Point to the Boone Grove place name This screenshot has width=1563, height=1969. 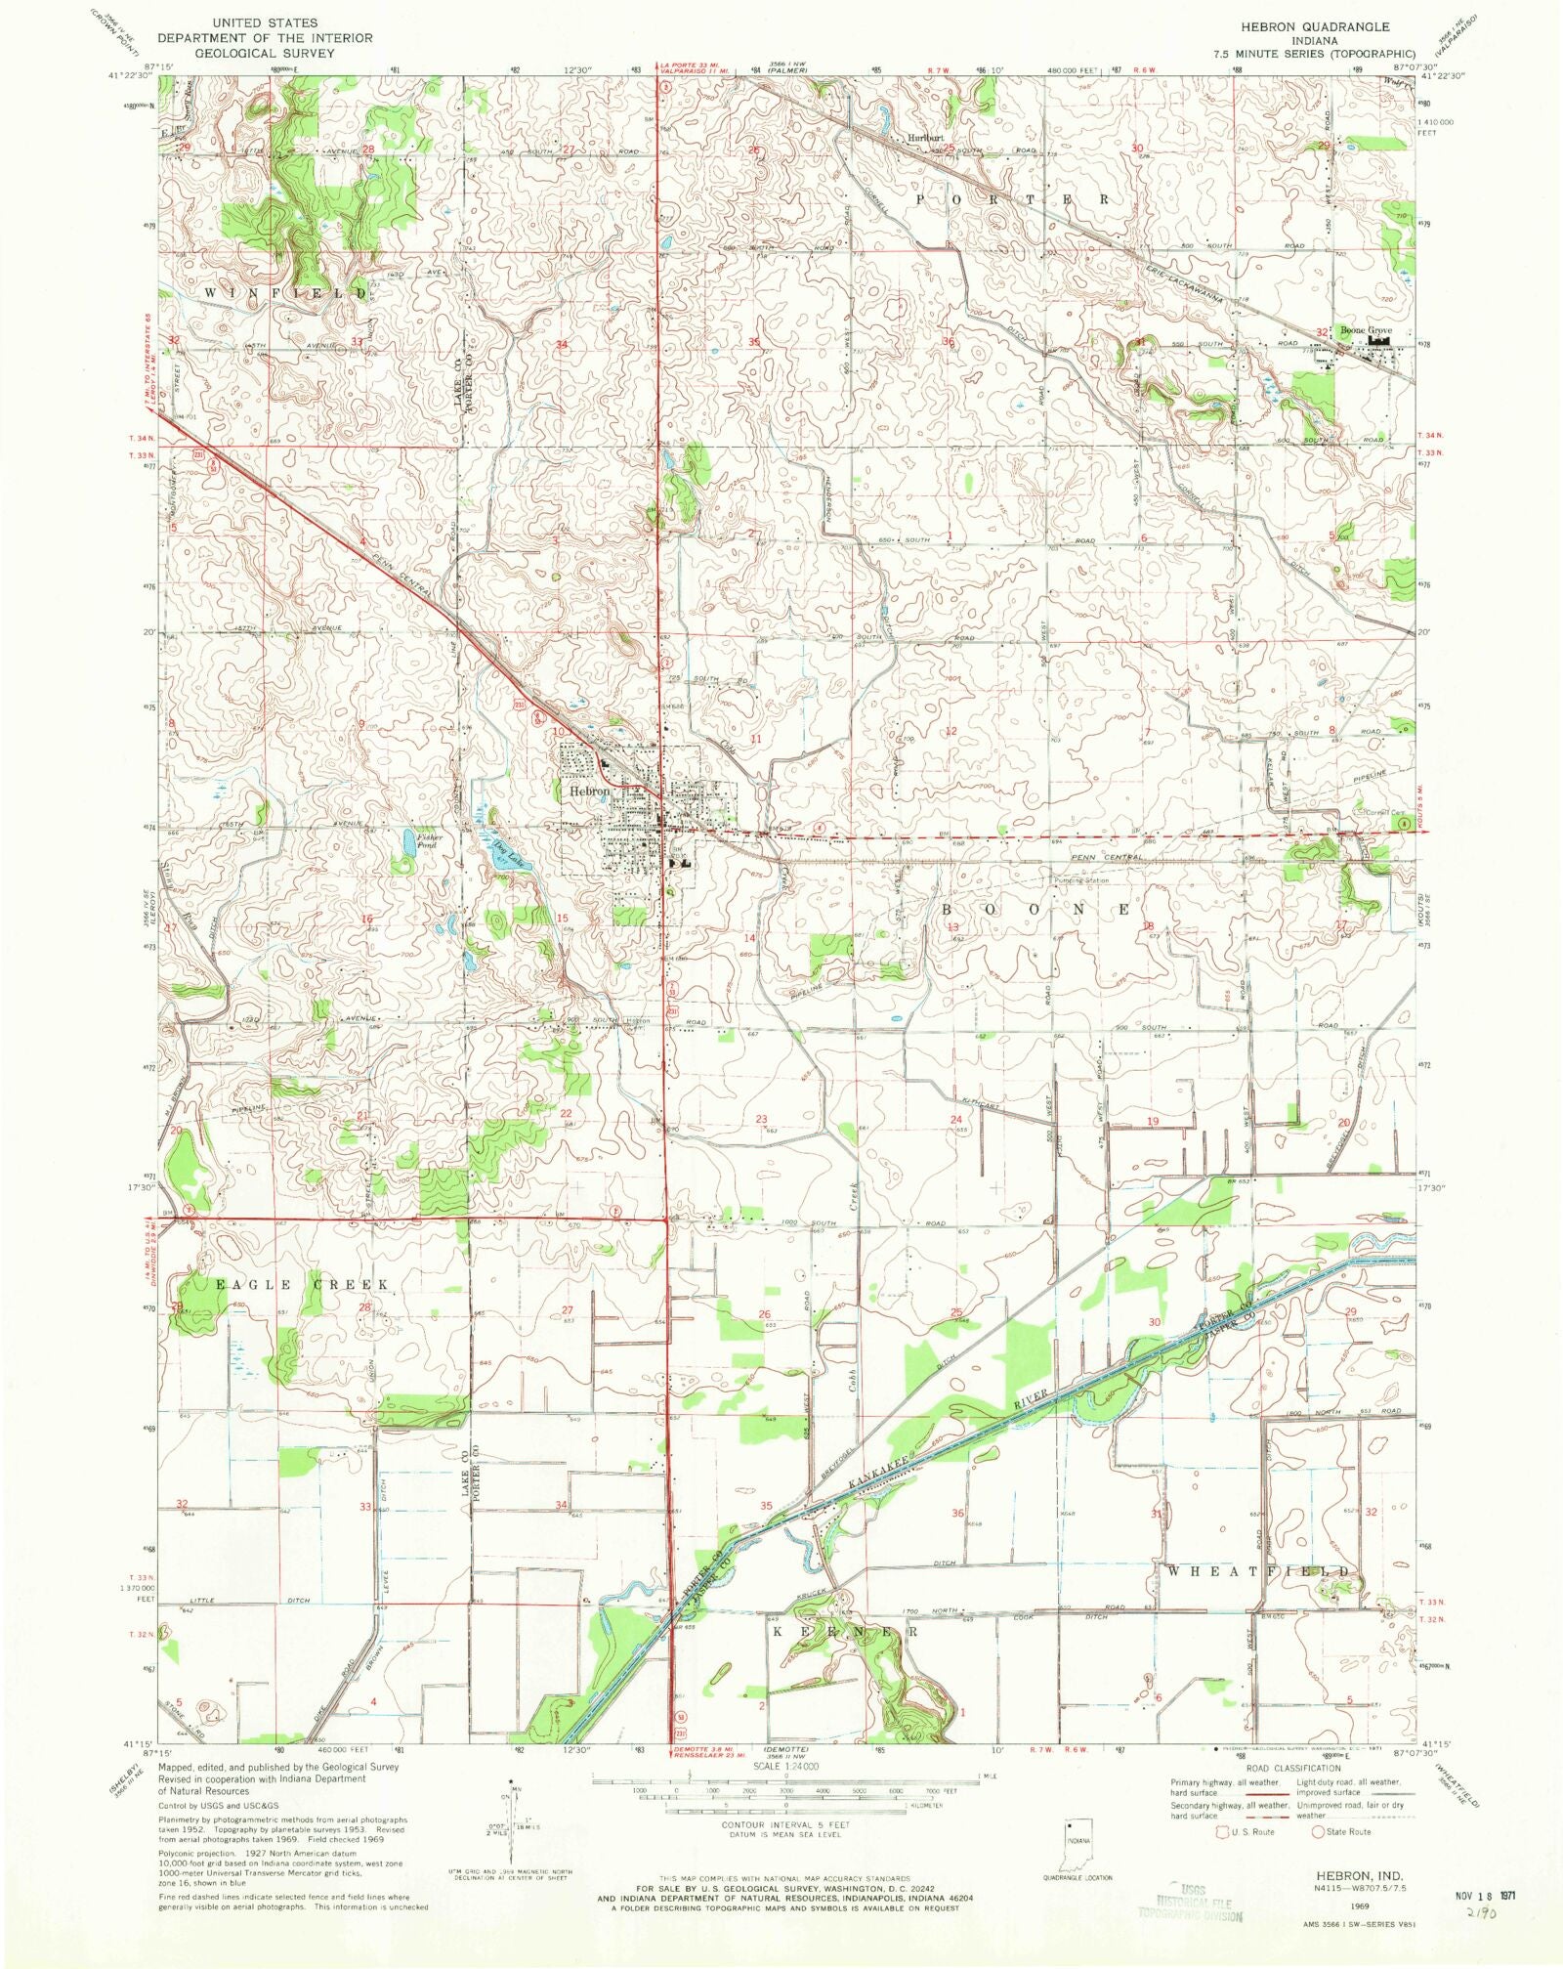click(x=1366, y=331)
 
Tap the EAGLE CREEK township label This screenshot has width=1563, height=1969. click(x=302, y=1284)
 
